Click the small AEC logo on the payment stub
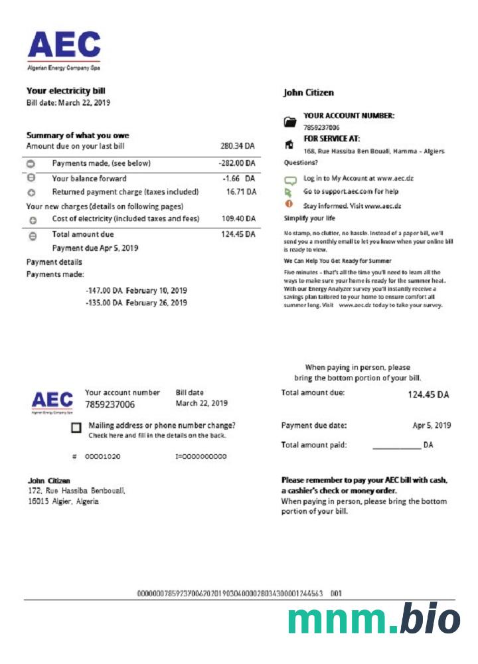[52, 401]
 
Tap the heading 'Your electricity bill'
[66, 91]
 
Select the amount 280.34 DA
[238, 146]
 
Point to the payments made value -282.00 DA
[237, 163]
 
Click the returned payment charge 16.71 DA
[241, 192]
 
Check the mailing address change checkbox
[76, 429]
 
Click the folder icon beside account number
[289, 122]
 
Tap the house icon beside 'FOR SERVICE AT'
[289, 143]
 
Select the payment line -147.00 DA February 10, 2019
[136, 291]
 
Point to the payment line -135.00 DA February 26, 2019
[136, 303]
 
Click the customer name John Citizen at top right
[309, 93]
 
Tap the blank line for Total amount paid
[396, 447]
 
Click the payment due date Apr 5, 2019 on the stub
[432, 426]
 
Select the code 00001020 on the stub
[102, 457]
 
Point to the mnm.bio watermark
[374, 621]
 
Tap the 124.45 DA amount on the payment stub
[428, 394]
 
